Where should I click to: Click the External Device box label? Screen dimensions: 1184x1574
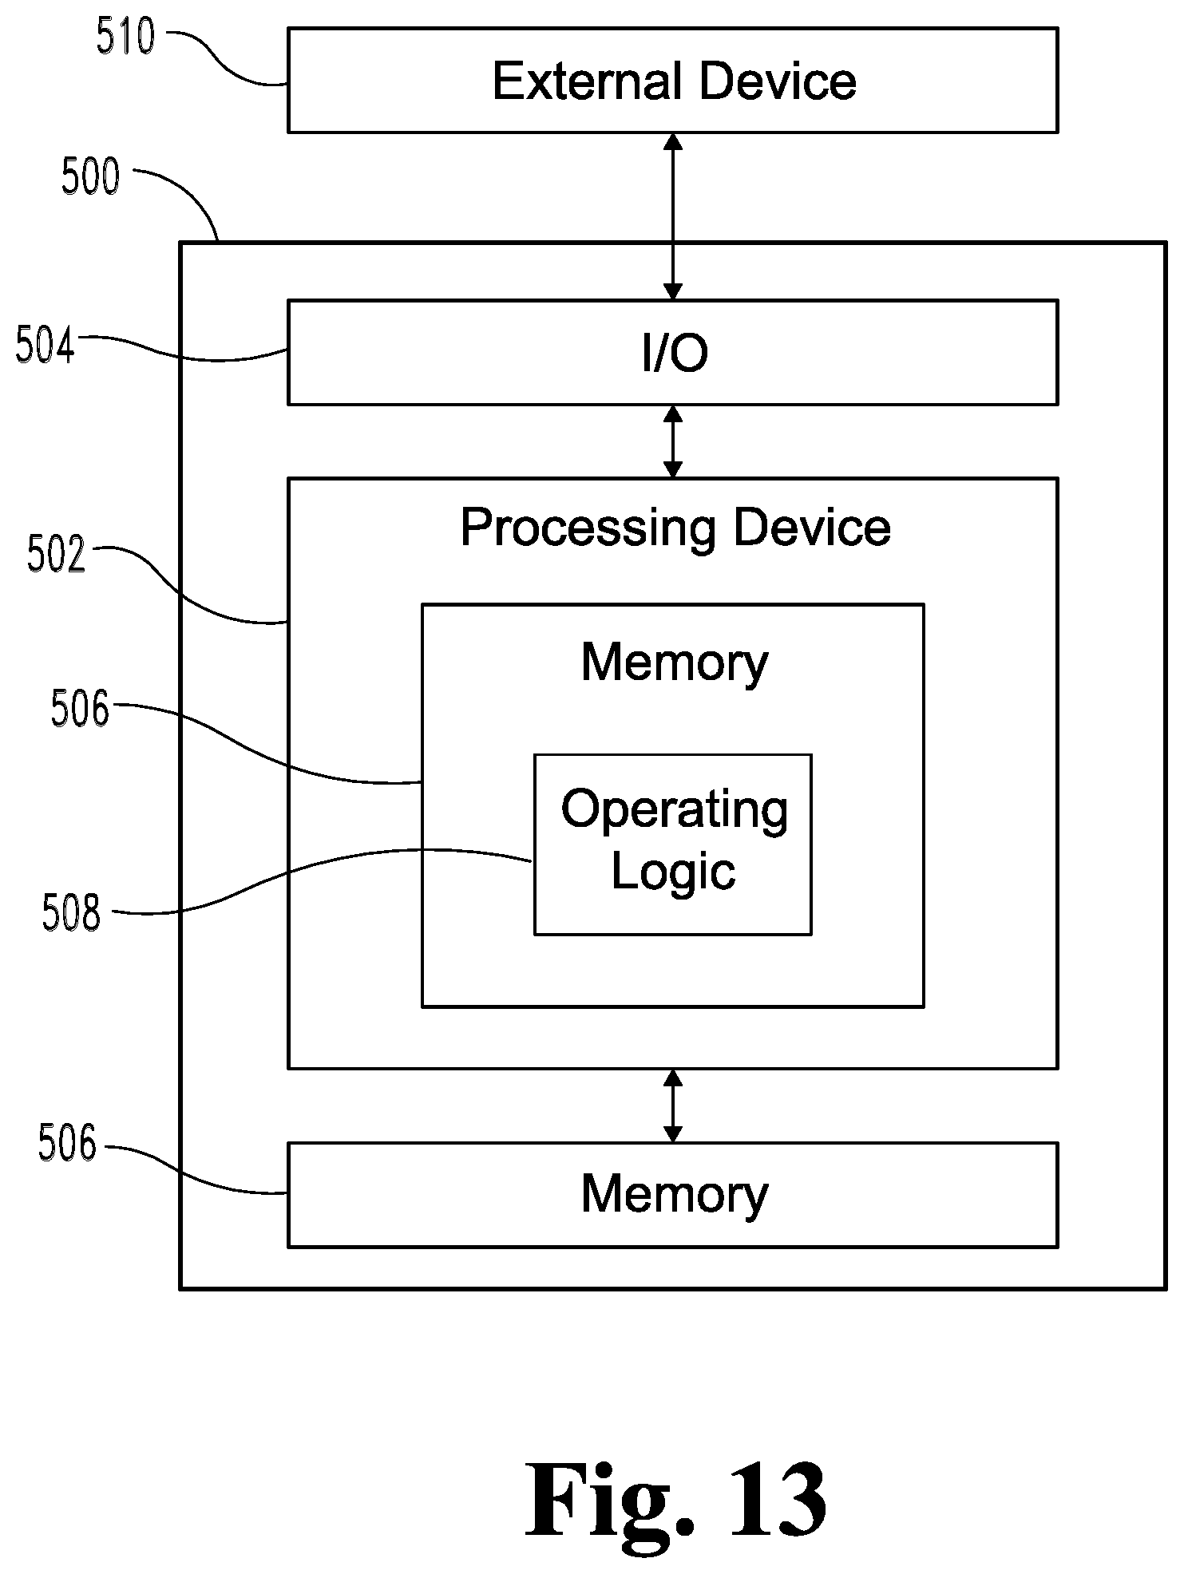tap(675, 81)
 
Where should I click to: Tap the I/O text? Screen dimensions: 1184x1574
tap(675, 353)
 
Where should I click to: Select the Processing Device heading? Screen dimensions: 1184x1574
tap(675, 528)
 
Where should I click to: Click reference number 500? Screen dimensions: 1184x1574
tap(90, 176)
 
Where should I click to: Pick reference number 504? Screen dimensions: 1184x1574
tap(45, 346)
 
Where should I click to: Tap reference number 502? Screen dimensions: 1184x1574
tap(56, 554)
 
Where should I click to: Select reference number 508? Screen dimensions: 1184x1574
tap(72, 913)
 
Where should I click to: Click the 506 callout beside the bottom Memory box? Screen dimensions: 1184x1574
tap(67, 1143)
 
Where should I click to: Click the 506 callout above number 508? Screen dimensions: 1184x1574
tap(80, 708)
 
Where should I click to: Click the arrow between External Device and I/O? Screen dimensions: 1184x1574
tap(673, 216)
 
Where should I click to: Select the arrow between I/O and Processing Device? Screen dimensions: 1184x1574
tap(673, 441)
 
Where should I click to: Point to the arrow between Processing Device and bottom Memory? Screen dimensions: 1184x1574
tap(673, 1105)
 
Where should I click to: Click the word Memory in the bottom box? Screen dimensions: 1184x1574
tap(675, 1195)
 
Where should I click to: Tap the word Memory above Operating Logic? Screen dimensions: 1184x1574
tap(675, 662)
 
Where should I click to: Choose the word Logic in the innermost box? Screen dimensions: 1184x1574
tap(673, 872)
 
